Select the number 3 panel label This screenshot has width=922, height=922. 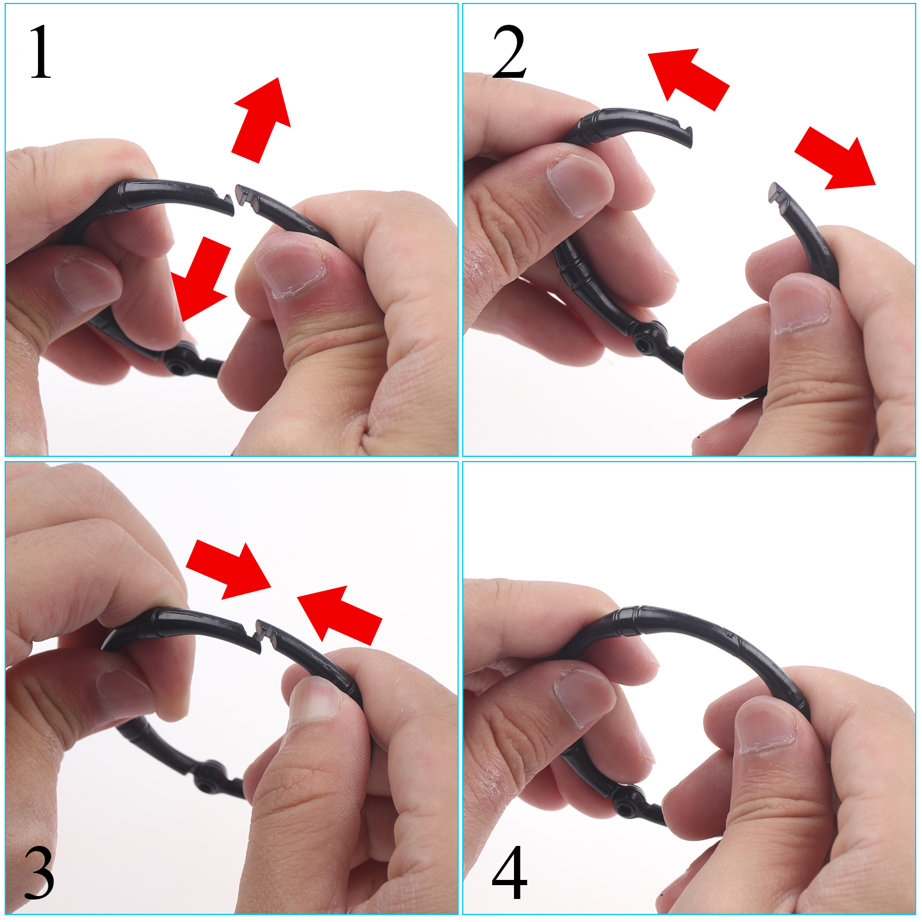[39, 872]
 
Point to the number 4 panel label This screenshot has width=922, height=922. [509, 872]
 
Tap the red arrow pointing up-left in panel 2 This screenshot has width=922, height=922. [689, 78]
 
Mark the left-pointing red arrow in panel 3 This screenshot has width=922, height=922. [339, 615]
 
